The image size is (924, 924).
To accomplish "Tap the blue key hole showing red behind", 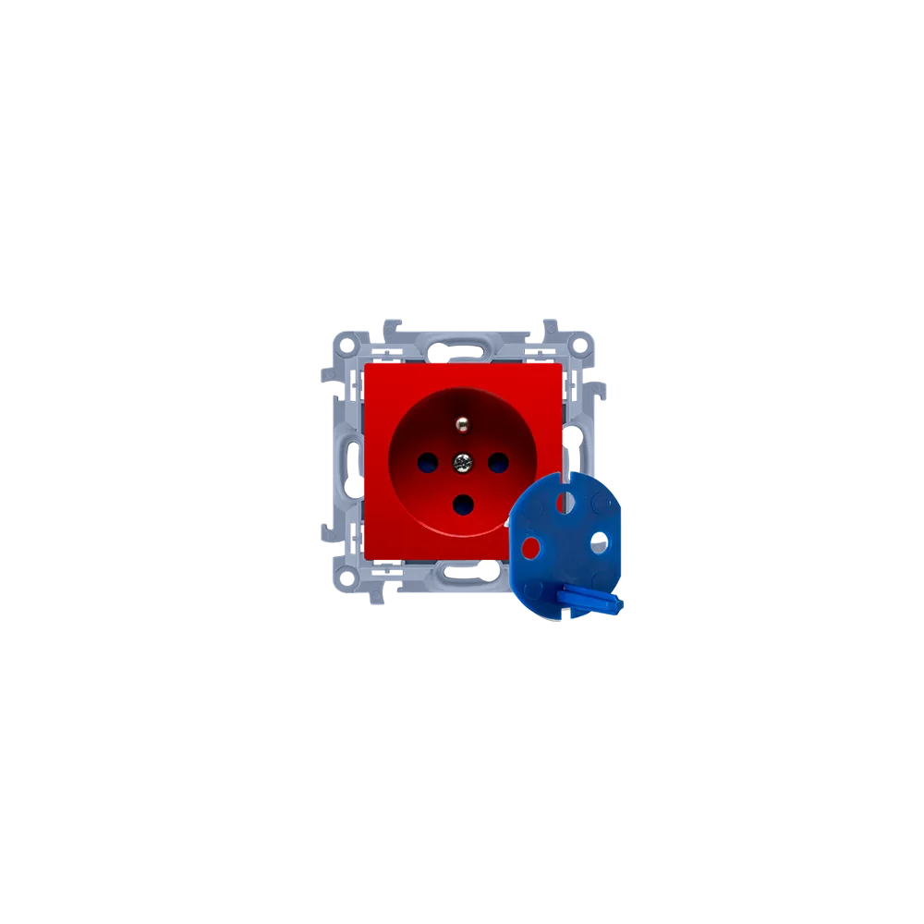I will click(530, 548).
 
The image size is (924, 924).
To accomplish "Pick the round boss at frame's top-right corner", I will click(580, 344).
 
